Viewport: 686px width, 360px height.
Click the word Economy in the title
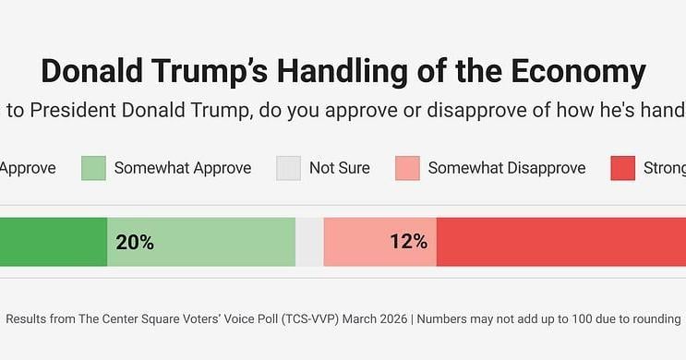(x=569, y=72)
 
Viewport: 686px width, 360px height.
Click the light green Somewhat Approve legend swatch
(x=94, y=168)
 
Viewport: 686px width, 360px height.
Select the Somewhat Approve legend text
(x=183, y=168)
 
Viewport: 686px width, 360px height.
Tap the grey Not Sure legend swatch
(x=289, y=168)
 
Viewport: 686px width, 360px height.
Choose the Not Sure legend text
(x=340, y=168)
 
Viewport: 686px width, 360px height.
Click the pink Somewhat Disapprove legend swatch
(x=407, y=168)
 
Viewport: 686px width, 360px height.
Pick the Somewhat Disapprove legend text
(x=507, y=168)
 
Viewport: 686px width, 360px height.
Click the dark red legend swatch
(x=623, y=168)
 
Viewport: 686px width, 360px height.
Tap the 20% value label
(x=135, y=243)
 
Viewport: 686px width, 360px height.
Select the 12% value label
(x=408, y=243)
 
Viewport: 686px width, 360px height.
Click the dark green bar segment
(x=53, y=243)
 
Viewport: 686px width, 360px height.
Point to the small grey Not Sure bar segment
(x=309, y=243)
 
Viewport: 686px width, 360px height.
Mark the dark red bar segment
(x=560, y=243)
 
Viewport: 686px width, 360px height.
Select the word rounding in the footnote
(x=652, y=319)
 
